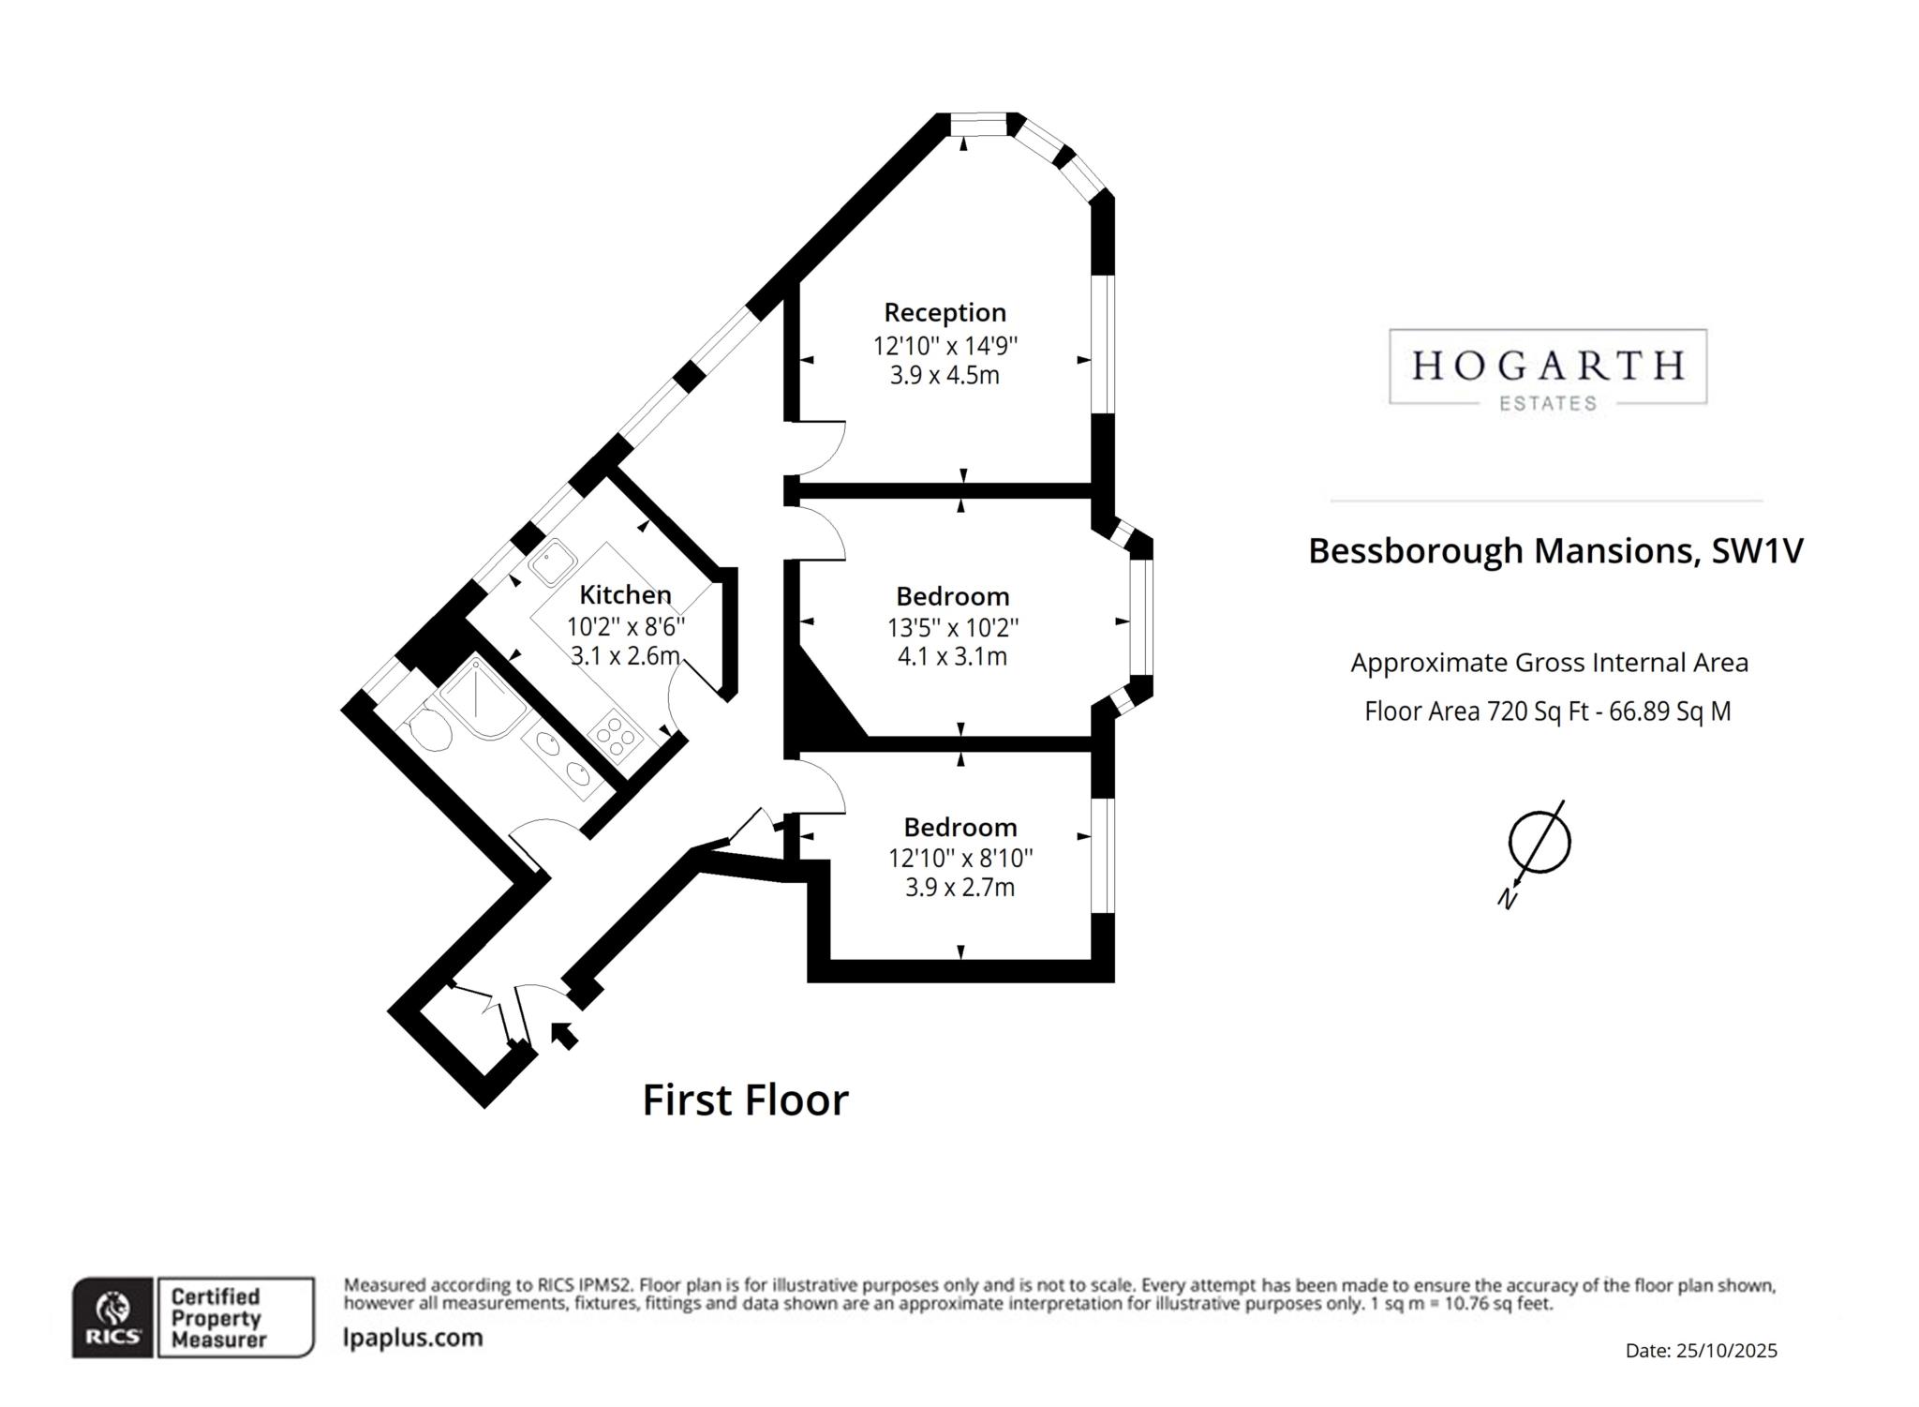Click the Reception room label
click(945, 312)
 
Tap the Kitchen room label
click(625, 594)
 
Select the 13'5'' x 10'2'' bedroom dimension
click(953, 627)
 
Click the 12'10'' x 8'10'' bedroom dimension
click(960, 858)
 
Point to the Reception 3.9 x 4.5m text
click(945, 376)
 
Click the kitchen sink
click(552, 561)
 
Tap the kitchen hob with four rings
click(616, 735)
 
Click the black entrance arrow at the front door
click(562, 1034)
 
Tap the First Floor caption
click(745, 1100)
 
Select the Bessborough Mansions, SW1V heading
click(1555, 550)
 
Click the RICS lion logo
click(112, 1317)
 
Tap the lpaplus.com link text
click(413, 1338)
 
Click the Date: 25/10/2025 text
click(1701, 1351)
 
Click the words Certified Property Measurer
click(217, 1318)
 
